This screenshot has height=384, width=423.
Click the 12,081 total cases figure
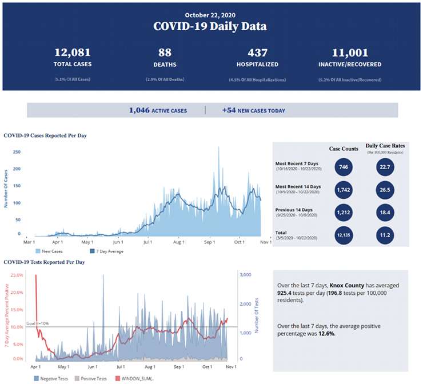73,53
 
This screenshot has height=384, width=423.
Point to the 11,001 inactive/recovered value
342,53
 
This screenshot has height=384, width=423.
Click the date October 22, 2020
210,14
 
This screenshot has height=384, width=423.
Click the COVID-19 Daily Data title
210,26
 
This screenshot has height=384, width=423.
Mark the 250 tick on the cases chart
17,153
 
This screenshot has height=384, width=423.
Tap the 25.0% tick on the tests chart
16,275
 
